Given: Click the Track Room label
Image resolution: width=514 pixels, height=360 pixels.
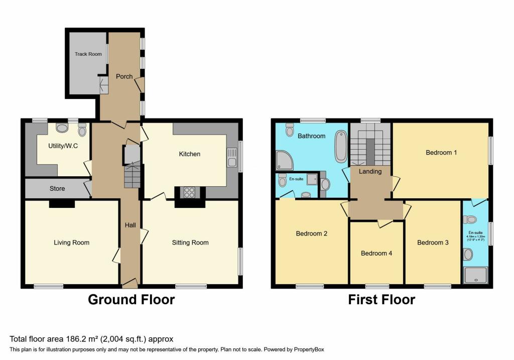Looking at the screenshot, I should (x=88, y=54).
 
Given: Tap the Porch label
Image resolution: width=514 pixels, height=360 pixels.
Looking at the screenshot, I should (x=124, y=76).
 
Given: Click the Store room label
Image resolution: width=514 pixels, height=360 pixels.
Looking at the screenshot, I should (x=57, y=189).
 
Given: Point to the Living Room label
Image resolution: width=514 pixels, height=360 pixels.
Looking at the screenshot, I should (x=71, y=243).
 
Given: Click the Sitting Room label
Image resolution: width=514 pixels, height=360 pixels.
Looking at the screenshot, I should (x=190, y=243).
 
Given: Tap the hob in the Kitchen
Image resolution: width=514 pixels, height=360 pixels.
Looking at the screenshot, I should (x=190, y=192).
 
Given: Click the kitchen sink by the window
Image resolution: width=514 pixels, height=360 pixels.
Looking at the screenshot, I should (x=232, y=157).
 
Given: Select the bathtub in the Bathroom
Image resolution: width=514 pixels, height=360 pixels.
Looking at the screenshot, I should (x=341, y=146).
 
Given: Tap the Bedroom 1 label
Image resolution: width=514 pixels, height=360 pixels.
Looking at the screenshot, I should (x=441, y=152).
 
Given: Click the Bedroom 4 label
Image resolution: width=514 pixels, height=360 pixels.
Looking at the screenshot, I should (x=376, y=253).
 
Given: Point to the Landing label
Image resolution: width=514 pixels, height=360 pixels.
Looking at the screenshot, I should (x=370, y=171).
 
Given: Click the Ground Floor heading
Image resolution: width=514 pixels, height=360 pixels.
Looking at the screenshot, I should (x=132, y=300).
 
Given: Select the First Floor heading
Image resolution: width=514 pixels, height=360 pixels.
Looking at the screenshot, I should (x=381, y=300).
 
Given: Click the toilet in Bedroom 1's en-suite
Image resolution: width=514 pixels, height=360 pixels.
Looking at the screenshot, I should (x=470, y=219).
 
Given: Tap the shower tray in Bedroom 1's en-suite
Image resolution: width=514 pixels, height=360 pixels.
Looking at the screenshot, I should (x=475, y=275).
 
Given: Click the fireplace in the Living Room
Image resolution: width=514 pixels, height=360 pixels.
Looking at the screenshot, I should (x=62, y=204).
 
